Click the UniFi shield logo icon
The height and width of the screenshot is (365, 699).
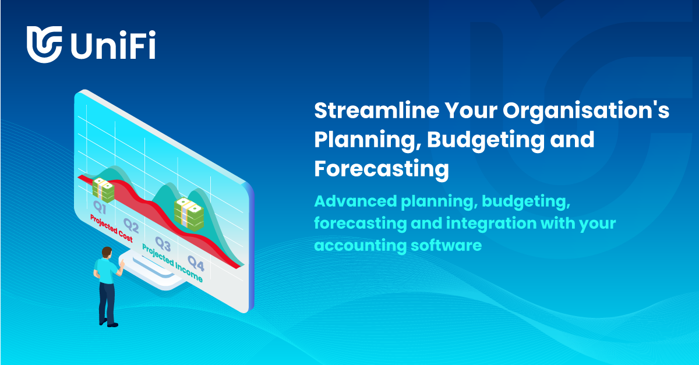tap(44, 44)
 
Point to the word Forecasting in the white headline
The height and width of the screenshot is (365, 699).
tap(382, 169)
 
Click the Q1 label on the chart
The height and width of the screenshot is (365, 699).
tap(100, 206)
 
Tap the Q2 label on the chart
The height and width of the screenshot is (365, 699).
tap(130, 225)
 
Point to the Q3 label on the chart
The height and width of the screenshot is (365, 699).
tap(163, 243)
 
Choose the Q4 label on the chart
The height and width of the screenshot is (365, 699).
tap(196, 265)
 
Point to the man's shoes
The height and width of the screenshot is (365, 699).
tap(108, 323)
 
